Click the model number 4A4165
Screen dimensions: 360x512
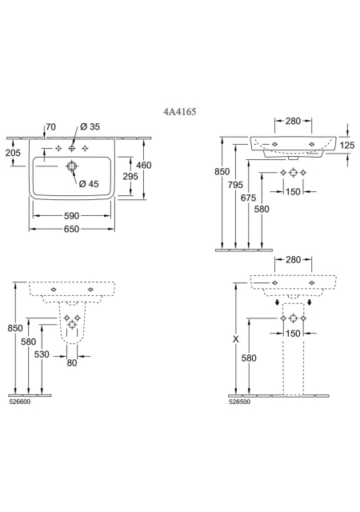coord(180,112)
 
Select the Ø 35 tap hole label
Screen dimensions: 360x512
coord(90,126)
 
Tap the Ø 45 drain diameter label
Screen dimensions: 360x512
coord(89,184)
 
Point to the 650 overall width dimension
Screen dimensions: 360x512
coord(71,230)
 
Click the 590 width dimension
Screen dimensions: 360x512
coord(71,216)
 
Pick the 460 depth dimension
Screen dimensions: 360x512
coord(144,166)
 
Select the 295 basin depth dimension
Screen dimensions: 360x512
coord(130,177)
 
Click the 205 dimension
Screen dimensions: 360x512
coord(13,153)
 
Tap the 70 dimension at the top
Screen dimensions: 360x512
coord(50,126)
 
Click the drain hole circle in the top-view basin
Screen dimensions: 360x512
coord(71,166)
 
